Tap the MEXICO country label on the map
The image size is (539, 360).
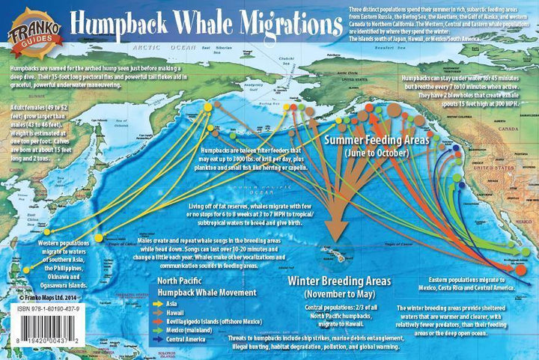click(479, 217)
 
